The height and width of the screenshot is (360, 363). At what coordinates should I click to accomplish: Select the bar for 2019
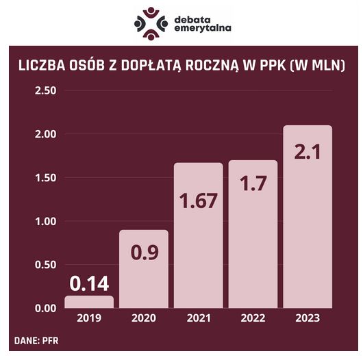89,303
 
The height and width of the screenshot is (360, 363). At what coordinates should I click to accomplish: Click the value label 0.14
89,283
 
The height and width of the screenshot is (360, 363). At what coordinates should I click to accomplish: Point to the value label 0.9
143,251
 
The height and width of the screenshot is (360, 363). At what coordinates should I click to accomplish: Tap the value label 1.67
198,201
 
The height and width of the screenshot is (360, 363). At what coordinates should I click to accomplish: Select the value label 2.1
308,153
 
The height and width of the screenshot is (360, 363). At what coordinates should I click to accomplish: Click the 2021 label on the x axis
198,319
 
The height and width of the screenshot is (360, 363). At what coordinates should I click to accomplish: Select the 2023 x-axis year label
308,319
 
